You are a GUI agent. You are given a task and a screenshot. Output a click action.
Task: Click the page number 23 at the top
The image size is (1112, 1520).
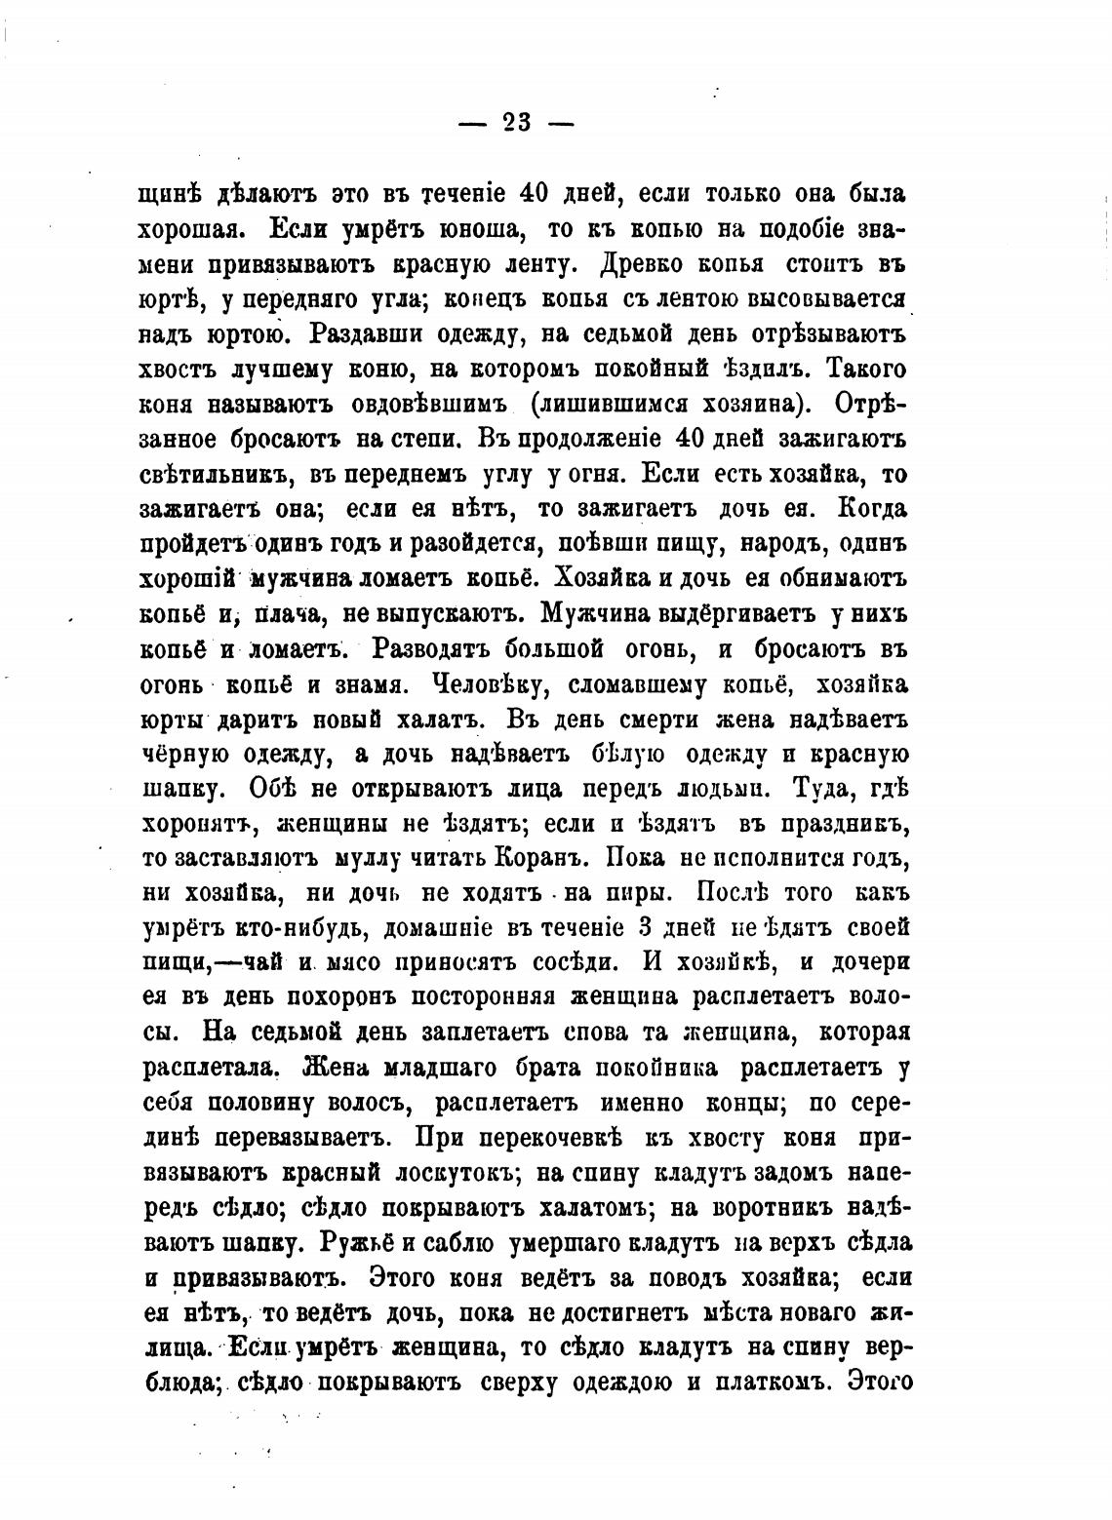coord(516,122)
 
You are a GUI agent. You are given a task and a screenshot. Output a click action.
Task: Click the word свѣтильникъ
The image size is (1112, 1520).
coord(217,475)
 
